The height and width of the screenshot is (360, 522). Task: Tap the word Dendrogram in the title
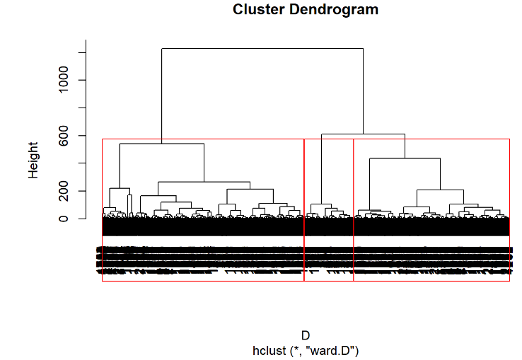332,10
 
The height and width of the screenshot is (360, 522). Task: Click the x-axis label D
306,335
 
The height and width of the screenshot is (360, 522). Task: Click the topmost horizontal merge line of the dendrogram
262,49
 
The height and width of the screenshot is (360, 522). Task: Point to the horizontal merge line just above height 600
363,134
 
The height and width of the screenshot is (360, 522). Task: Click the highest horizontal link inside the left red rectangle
161,144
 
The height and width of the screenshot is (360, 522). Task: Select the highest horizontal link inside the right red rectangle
405,158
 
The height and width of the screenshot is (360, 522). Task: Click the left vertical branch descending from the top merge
162,95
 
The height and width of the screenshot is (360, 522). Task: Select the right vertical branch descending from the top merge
363,91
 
